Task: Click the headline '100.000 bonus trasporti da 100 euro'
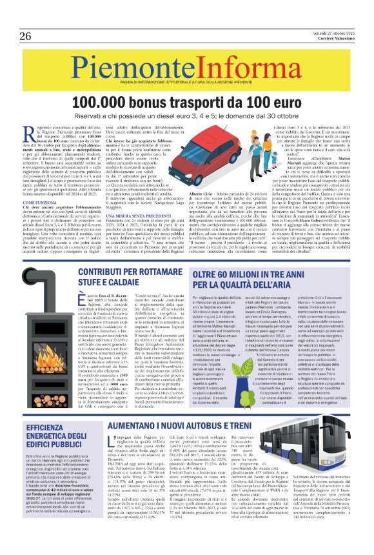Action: (186, 103)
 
